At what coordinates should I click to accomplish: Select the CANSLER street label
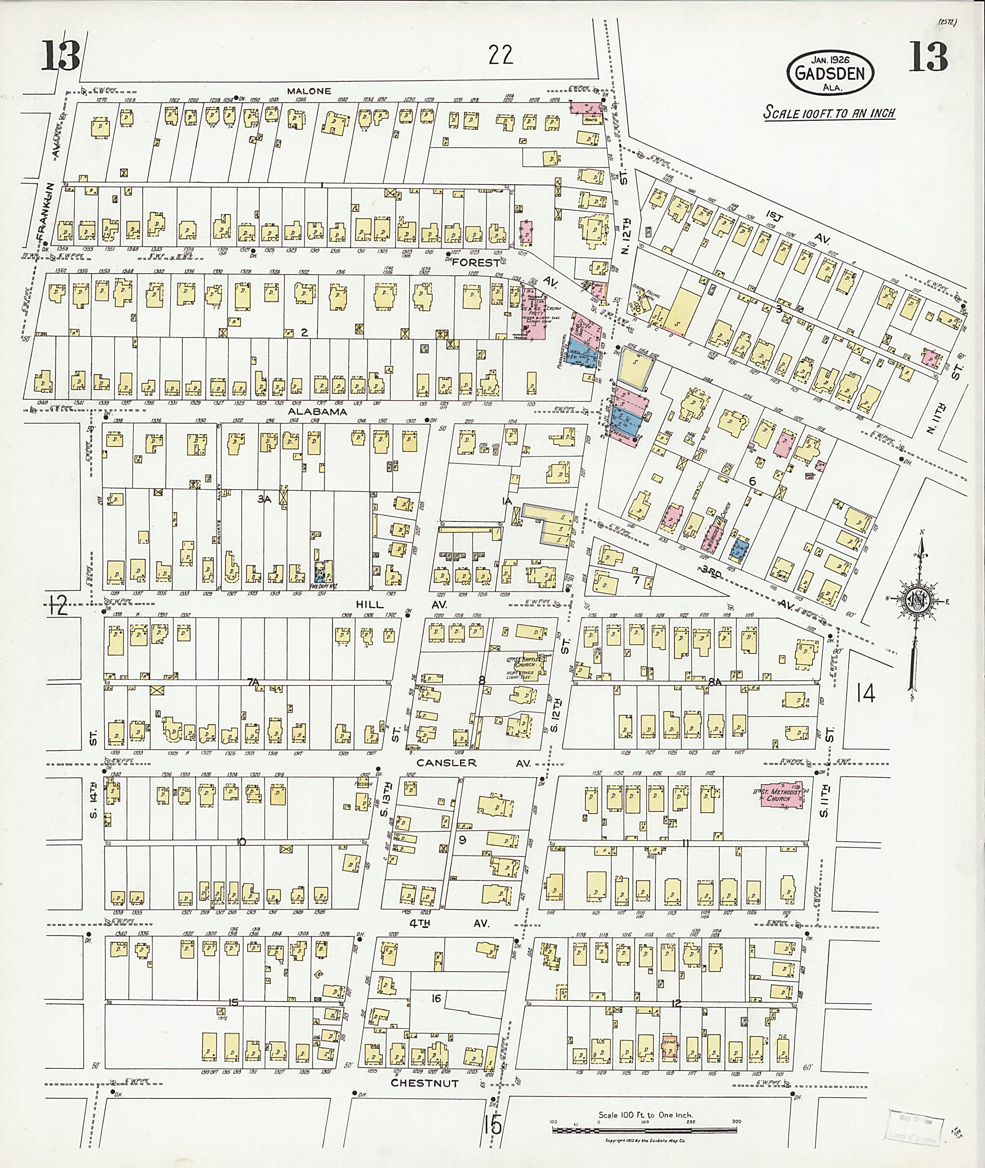pos(447,763)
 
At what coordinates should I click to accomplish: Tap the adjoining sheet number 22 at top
pos(500,55)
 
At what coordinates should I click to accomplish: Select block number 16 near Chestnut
pos(436,998)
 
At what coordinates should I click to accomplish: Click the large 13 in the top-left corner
pos(61,57)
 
